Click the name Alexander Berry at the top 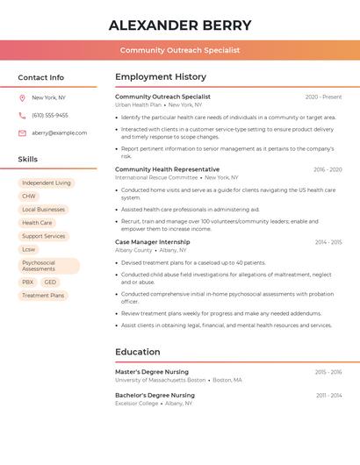180,25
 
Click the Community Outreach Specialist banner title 180,50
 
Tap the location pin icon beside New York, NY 22,97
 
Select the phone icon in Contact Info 22,115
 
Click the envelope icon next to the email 22,133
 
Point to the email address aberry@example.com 60,133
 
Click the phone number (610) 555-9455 50,115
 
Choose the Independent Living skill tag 47,183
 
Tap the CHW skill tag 29,197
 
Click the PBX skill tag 28,283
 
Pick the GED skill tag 50,283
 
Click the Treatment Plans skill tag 43,296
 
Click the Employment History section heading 161,77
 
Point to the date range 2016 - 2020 327,169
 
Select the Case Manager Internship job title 153,241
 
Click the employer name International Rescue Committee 156,177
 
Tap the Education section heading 138,352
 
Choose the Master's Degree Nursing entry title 152,372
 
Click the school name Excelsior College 137,404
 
